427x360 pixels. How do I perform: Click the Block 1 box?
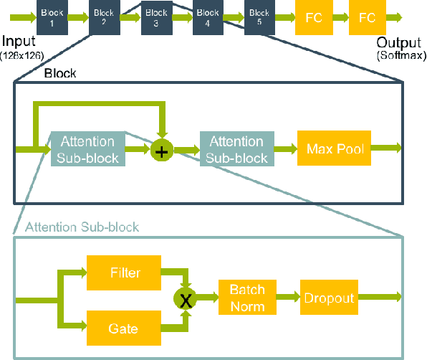52,17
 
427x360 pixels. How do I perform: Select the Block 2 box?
104,17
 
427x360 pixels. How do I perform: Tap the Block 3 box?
155,17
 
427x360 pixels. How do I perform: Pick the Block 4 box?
207,17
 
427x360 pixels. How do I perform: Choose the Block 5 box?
259,17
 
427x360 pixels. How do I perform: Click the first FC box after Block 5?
313,17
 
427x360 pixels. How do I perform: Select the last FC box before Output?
367,17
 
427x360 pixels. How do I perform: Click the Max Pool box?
335,149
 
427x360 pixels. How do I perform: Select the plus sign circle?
162,151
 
